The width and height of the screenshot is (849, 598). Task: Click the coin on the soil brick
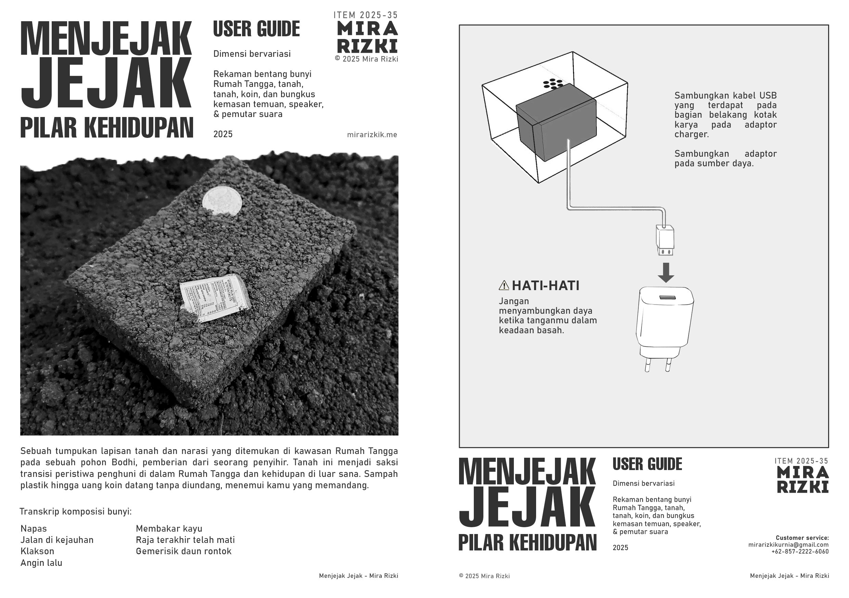tap(222, 201)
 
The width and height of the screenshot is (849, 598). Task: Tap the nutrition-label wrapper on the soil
tap(214, 298)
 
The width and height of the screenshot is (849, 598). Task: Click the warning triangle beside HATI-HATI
tap(504, 285)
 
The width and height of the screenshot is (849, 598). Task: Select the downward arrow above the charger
tap(666, 273)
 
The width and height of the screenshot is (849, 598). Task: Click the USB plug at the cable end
tap(665, 240)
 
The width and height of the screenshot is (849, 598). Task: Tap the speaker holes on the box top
tap(553, 84)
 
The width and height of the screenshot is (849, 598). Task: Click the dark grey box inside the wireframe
tap(557, 122)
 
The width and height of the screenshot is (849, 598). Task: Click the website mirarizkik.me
tap(372, 135)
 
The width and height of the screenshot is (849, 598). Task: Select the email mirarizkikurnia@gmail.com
tap(788, 544)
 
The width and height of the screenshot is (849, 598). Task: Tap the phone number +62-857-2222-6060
tap(800, 551)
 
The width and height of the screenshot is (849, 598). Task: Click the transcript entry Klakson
tap(37, 551)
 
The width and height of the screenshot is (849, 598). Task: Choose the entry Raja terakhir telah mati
tap(185, 540)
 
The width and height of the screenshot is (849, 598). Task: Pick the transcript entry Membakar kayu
tap(169, 529)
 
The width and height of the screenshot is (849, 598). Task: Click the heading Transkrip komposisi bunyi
tap(75, 511)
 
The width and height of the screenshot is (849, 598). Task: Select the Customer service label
tap(802, 538)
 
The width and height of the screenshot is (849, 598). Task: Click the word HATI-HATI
tap(545, 286)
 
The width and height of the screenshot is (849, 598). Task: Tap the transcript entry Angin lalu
tap(41, 563)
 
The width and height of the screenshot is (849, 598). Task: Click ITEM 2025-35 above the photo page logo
tap(365, 15)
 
